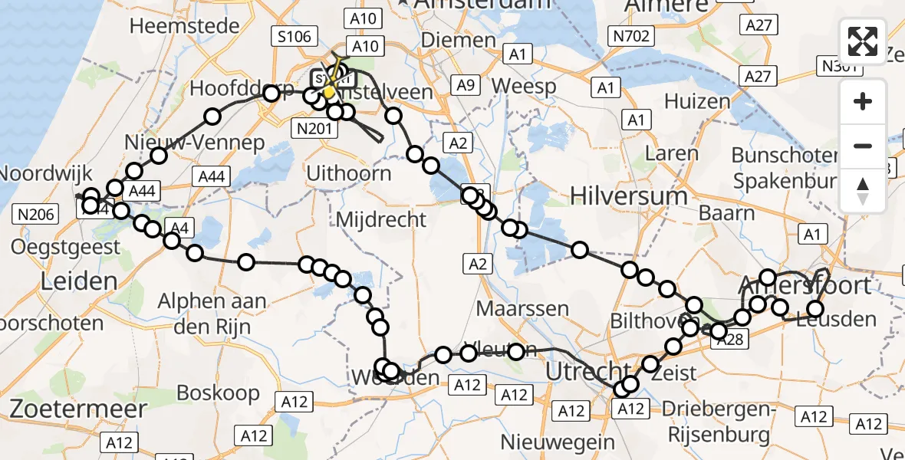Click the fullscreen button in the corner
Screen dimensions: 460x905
point(863,41)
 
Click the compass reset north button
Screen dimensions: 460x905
point(863,191)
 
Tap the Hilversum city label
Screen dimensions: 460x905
point(629,195)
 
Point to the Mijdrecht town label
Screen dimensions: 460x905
point(381,220)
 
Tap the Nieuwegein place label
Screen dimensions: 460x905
point(558,442)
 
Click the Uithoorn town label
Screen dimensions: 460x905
point(348,172)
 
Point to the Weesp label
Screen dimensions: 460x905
point(525,86)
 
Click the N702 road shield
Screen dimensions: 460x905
point(630,35)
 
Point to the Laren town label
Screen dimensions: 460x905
point(671,153)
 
